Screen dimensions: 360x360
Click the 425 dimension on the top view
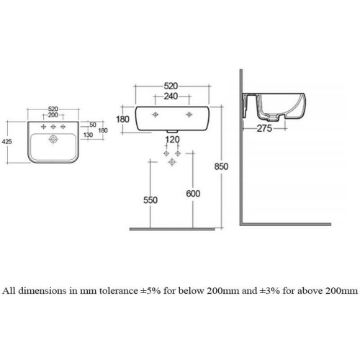point(7,142)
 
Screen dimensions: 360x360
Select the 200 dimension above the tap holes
point(53,115)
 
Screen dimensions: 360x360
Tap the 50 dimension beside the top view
point(93,125)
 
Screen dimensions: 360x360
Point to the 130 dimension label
point(88,135)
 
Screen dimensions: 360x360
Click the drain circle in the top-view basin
point(53,139)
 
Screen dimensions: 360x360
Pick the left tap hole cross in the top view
point(43,127)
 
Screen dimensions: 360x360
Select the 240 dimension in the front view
point(171,96)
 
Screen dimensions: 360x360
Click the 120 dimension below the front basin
point(172,139)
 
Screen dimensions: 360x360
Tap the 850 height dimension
point(221,166)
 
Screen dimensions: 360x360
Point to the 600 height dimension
point(193,194)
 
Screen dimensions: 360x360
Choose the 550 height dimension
point(150,200)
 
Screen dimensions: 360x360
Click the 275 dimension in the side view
point(264,129)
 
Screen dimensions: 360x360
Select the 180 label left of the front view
point(123,119)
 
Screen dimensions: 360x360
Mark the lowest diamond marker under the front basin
point(172,162)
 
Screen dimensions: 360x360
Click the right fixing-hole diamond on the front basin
point(189,115)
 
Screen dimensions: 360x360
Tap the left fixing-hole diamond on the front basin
point(155,115)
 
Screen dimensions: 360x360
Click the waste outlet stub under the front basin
point(172,132)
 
